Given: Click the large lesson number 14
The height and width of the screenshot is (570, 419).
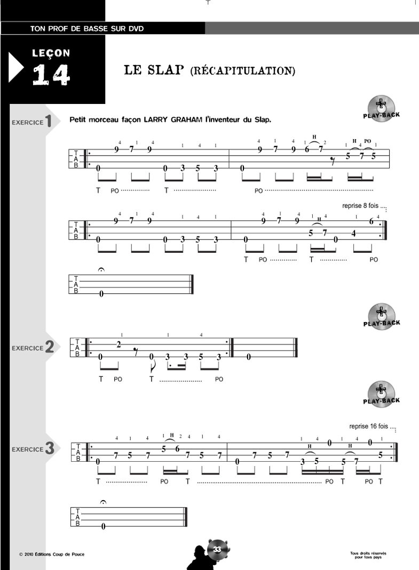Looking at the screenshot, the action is tap(51, 75).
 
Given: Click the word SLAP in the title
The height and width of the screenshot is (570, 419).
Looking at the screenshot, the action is tap(165, 70).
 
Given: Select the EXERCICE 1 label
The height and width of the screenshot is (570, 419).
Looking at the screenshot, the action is tap(31, 122).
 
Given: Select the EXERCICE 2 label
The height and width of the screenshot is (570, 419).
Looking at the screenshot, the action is tap(33, 347).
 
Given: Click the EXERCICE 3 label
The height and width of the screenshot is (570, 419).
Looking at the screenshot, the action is tap(33, 448).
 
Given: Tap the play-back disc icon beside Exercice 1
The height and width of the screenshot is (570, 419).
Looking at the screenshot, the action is tap(381, 108).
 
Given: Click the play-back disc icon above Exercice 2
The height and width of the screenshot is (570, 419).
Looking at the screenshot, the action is tap(381, 317).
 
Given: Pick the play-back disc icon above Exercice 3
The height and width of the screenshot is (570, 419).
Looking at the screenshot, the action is tap(381, 395).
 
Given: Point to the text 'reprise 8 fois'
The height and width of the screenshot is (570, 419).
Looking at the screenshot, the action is tap(360, 206).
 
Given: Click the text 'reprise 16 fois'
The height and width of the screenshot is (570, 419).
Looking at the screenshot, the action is tap(369, 426).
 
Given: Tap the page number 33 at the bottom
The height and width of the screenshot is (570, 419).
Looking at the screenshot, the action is tap(217, 549).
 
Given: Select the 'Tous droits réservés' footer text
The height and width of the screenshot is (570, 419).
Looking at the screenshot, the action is tap(368, 553).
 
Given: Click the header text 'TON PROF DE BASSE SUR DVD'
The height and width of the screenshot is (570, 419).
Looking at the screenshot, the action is tap(87, 29).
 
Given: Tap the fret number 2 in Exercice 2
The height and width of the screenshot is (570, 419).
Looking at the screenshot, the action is tap(118, 344).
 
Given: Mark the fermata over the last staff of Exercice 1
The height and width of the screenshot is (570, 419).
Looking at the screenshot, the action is tap(101, 270).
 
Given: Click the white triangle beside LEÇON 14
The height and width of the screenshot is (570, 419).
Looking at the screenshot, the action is tap(16, 68).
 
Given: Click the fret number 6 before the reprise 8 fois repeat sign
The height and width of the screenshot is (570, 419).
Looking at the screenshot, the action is tap(371, 221).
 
